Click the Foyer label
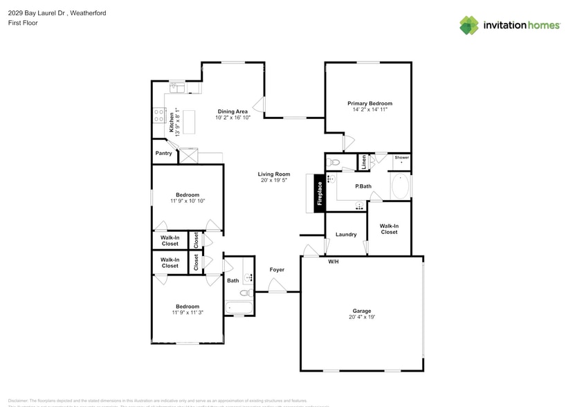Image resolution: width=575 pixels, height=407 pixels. (x=277, y=269)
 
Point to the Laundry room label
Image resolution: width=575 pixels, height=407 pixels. (x=346, y=235)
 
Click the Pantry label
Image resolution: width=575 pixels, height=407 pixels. (x=164, y=154)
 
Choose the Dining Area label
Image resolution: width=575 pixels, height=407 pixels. (x=232, y=111)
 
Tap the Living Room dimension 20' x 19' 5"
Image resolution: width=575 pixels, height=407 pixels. (x=275, y=181)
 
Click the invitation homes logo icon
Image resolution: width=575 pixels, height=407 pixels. (x=469, y=26)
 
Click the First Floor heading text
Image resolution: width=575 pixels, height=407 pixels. (x=24, y=23)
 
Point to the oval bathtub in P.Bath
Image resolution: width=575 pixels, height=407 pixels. (x=401, y=187)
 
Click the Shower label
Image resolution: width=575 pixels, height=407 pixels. (x=402, y=158)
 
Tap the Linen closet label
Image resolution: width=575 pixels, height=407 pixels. (x=363, y=163)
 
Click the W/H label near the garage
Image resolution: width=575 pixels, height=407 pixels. (x=333, y=261)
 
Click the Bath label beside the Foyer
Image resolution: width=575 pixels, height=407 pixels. (x=232, y=280)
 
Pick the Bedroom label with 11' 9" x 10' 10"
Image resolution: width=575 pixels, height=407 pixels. (x=187, y=195)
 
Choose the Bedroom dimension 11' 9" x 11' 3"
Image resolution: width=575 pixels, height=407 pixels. (x=187, y=313)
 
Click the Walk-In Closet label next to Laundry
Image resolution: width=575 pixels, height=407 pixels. (x=389, y=228)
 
